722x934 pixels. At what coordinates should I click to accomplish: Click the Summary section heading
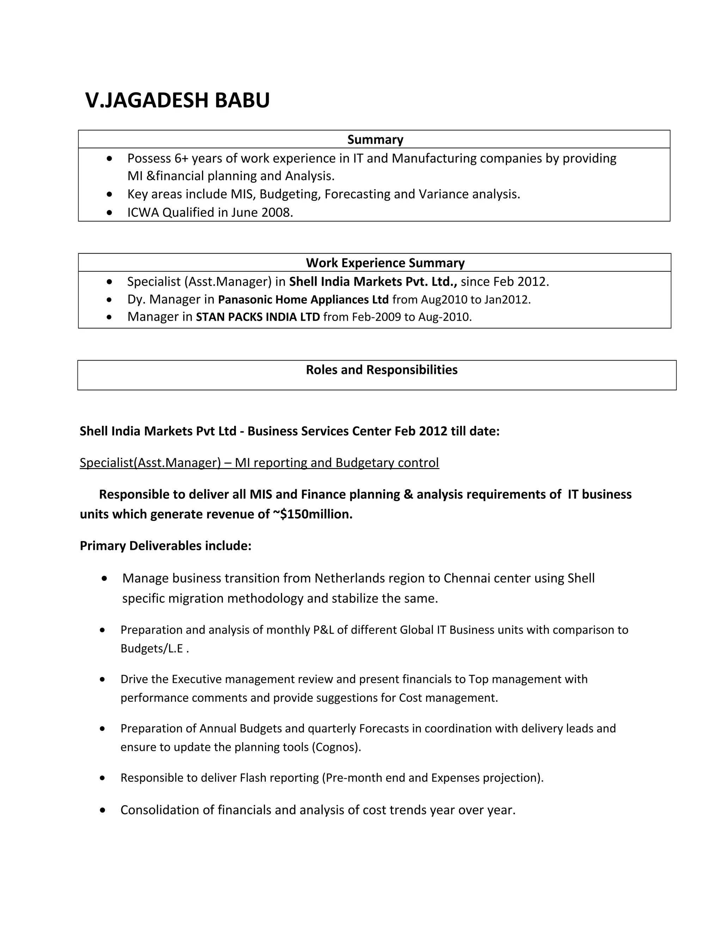pos(375,140)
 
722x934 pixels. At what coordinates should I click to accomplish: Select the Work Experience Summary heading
pos(385,263)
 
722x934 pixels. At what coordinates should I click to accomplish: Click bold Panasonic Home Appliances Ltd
pos(303,299)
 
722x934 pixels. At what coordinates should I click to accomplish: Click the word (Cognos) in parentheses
pos(336,747)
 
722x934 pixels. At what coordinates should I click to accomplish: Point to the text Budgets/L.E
pos(153,648)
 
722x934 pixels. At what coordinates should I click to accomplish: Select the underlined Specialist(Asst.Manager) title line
pos(259,463)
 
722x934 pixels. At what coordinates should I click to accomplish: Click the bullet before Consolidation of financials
pos(102,810)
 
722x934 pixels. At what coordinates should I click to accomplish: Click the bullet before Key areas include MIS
pos(110,195)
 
